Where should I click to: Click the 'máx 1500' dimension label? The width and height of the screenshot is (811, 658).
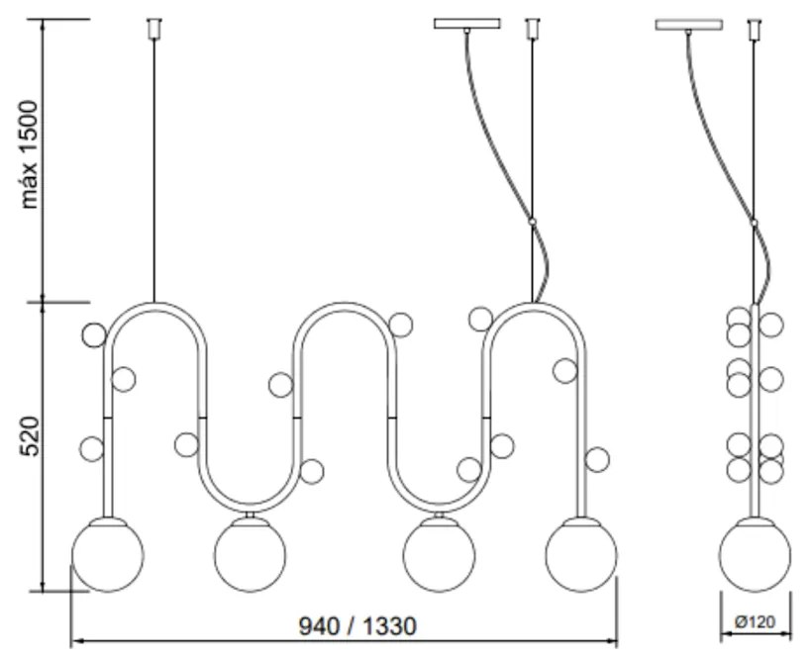pyautogui.click(x=30, y=154)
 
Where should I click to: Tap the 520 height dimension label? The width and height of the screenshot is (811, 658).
pyautogui.click(x=30, y=435)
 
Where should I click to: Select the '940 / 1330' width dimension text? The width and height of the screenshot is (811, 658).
pyautogui.click(x=357, y=626)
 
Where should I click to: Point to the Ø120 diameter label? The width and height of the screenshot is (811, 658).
pyautogui.click(x=756, y=621)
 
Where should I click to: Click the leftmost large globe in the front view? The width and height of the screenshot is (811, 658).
pyautogui.click(x=108, y=556)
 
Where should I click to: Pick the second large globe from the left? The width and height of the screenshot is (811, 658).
pyautogui.click(x=250, y=556)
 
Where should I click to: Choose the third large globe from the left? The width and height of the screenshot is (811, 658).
pyautogui.click(x=439, y=556)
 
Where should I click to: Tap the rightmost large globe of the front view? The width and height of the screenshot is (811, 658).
pyautogui.click(x=581, y=556)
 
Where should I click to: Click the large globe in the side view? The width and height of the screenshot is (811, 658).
pyautogui.click(x=755, y=556)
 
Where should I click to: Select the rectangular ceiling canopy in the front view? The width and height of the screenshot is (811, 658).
pyautogui.click(x=467, y=24)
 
